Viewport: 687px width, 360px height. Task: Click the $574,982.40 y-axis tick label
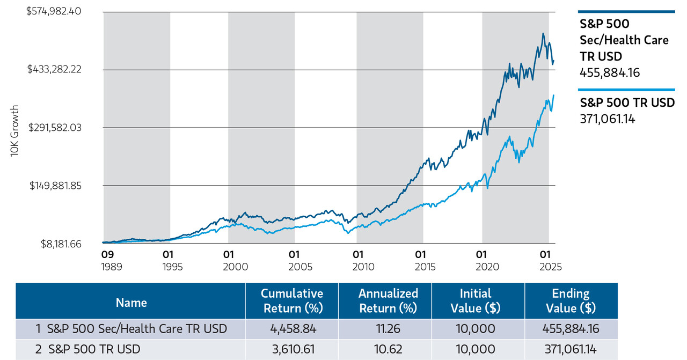tap(54, 11)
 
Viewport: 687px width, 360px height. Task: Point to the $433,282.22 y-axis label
tap(54, 69)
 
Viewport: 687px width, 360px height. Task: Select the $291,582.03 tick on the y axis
tap(54, 128)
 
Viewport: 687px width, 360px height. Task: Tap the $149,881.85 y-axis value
tap(54, 186)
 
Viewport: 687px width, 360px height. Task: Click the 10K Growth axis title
tap(14, 130)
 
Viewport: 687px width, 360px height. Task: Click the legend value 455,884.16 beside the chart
tap(610, 72)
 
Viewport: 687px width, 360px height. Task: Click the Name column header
tap(131, 302)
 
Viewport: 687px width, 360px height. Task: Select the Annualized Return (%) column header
tap(388, 300)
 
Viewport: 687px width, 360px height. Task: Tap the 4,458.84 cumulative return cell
tap(292, 328)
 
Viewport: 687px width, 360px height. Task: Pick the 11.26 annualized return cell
tap(388, 328)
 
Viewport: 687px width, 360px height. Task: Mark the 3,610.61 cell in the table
tap(292, 349)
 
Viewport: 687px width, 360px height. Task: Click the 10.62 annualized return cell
tap(388, 349)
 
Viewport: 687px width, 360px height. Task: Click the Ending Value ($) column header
tap(571, 300)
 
